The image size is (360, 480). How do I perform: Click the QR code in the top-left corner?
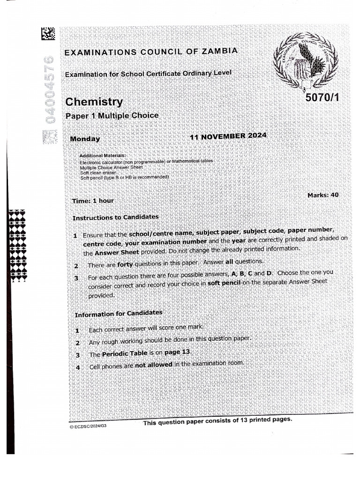[x=48, y=34]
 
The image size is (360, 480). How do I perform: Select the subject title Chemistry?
[x=94, y=102]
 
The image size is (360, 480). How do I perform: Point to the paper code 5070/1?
[x=321, y=98]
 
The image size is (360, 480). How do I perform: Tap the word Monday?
[x=85, y=139]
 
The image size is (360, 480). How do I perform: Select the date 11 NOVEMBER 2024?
[x=228, y=136]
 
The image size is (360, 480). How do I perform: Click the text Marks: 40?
[x=323, y=195]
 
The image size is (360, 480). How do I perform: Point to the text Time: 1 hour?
[x=93, y=201]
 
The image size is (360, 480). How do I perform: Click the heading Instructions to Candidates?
[x=115, y=217]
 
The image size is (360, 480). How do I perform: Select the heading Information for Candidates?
[x=119, y=313]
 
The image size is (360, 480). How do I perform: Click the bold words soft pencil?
[x=224, y=284]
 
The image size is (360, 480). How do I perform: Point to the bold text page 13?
[x=178, y=352]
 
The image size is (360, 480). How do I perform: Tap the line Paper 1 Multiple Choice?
[x=112, y=116]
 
